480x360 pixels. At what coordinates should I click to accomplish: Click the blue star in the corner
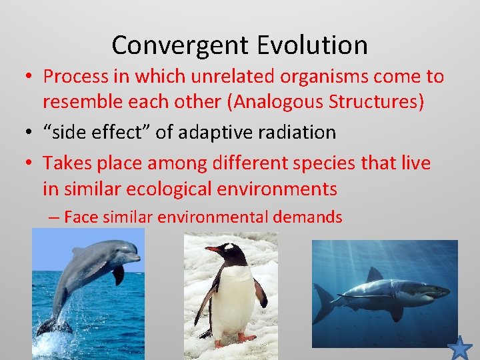[x=459, y=348]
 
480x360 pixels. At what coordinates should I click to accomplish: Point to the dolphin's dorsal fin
[x=78, y=251]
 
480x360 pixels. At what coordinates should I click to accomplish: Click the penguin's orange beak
[x=213, y=250]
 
